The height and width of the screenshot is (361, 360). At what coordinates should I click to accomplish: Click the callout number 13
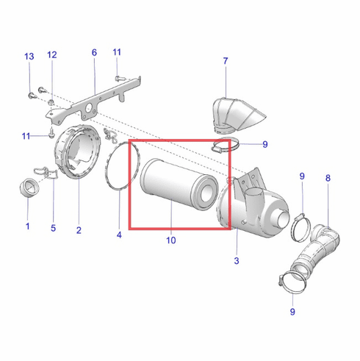pos(29,57)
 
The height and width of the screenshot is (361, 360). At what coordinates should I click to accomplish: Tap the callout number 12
pos(52,55)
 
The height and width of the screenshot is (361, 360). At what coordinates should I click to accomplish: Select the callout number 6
pos(94,52)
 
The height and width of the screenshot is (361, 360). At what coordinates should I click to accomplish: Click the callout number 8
pos(328,178)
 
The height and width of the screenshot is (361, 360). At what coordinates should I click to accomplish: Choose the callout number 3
pos(236,260)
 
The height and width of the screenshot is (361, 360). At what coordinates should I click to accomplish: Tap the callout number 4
pos(119,235)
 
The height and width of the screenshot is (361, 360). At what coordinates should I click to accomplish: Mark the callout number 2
pos(79,230)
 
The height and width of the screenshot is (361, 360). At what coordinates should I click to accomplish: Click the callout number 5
pos(53,228)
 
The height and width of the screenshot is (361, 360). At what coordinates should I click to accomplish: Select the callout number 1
pos(28,226)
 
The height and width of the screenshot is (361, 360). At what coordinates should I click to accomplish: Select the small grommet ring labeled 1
pos(28,187)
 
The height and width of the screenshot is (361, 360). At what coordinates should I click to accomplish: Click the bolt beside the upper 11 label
pos(118,75)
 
